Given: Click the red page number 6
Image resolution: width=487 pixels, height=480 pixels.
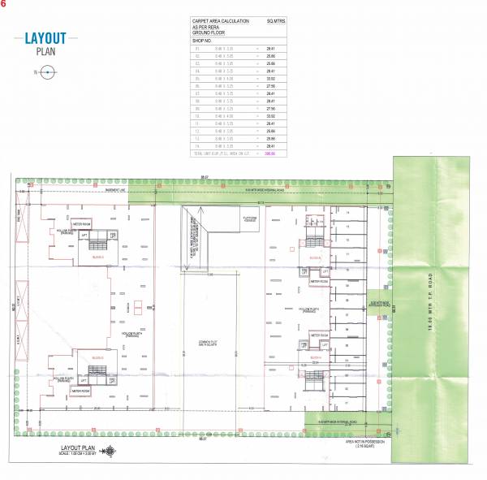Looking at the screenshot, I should tap(3, 4).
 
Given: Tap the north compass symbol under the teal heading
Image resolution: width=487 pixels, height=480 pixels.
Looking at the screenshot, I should tap(47, 72).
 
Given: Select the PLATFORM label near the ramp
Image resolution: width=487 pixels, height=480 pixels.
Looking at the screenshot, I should tap(252, 218).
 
